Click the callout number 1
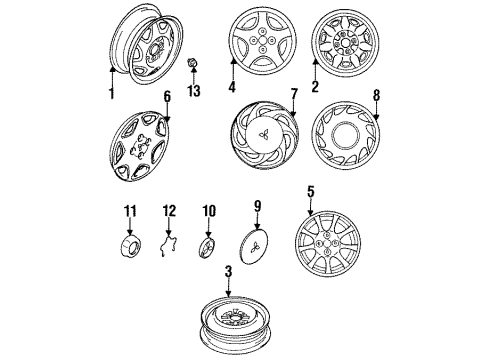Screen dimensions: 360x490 (112, 93)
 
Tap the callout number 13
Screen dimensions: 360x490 (194, 93)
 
